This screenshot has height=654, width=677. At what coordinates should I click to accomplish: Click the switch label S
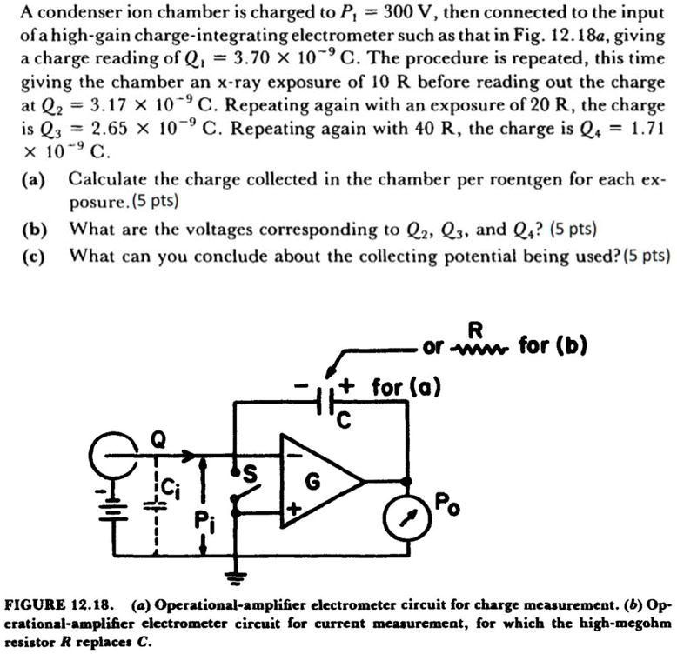point(251,472)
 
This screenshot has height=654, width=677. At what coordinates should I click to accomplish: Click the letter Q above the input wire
point(158,440)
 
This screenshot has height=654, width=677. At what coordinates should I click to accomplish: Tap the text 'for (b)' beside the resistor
point(553,346)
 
